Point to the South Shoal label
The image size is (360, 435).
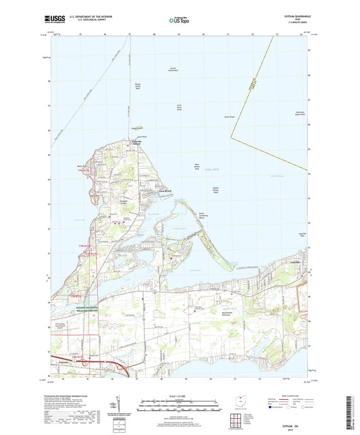pyautogui.click(x=229, y=117)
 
